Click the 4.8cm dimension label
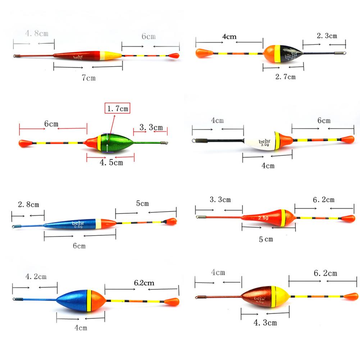[37, 34]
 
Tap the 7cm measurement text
[88, 78]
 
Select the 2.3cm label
[327, 36]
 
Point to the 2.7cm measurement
[285, 77]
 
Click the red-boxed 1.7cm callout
[117, 108]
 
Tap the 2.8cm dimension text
[28, 205]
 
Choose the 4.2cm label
[36, 277]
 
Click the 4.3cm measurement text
[265, 323]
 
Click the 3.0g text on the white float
[264, 145]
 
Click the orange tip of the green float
[25, 143]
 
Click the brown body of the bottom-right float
[256, 297]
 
